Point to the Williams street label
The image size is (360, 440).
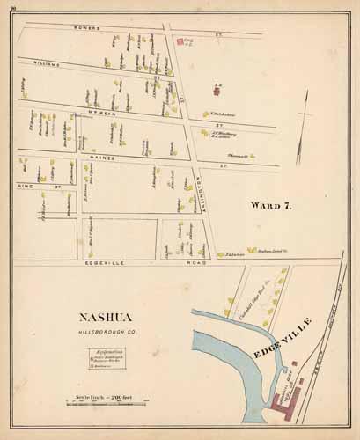[x=44, y=63]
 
